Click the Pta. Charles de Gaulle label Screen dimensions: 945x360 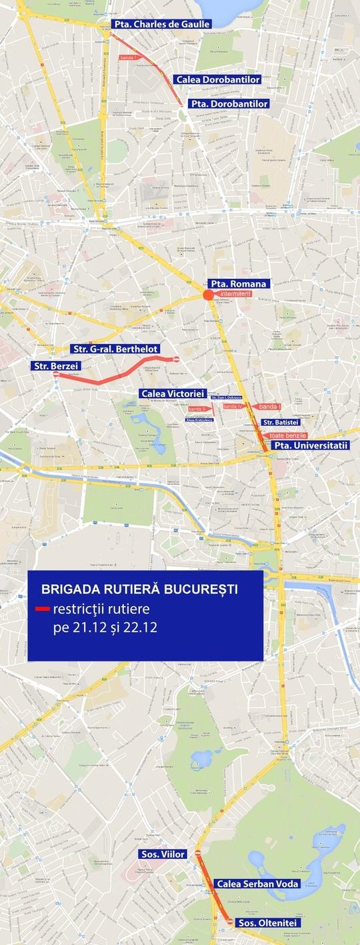[x=161, y=24]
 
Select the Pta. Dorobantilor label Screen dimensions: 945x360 [x=229, y=104]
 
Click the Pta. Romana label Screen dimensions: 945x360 [x=238, y=283]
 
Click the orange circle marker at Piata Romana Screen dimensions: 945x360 [x=208, y=295]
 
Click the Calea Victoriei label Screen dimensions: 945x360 [x=173, y=393]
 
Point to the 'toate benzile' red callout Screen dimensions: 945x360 [x=287, y=435]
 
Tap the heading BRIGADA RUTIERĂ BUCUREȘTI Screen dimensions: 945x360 [x=139, y=590]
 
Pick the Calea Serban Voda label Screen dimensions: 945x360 [x=257, y=884]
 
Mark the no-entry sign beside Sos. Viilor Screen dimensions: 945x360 [x=198, y=853]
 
